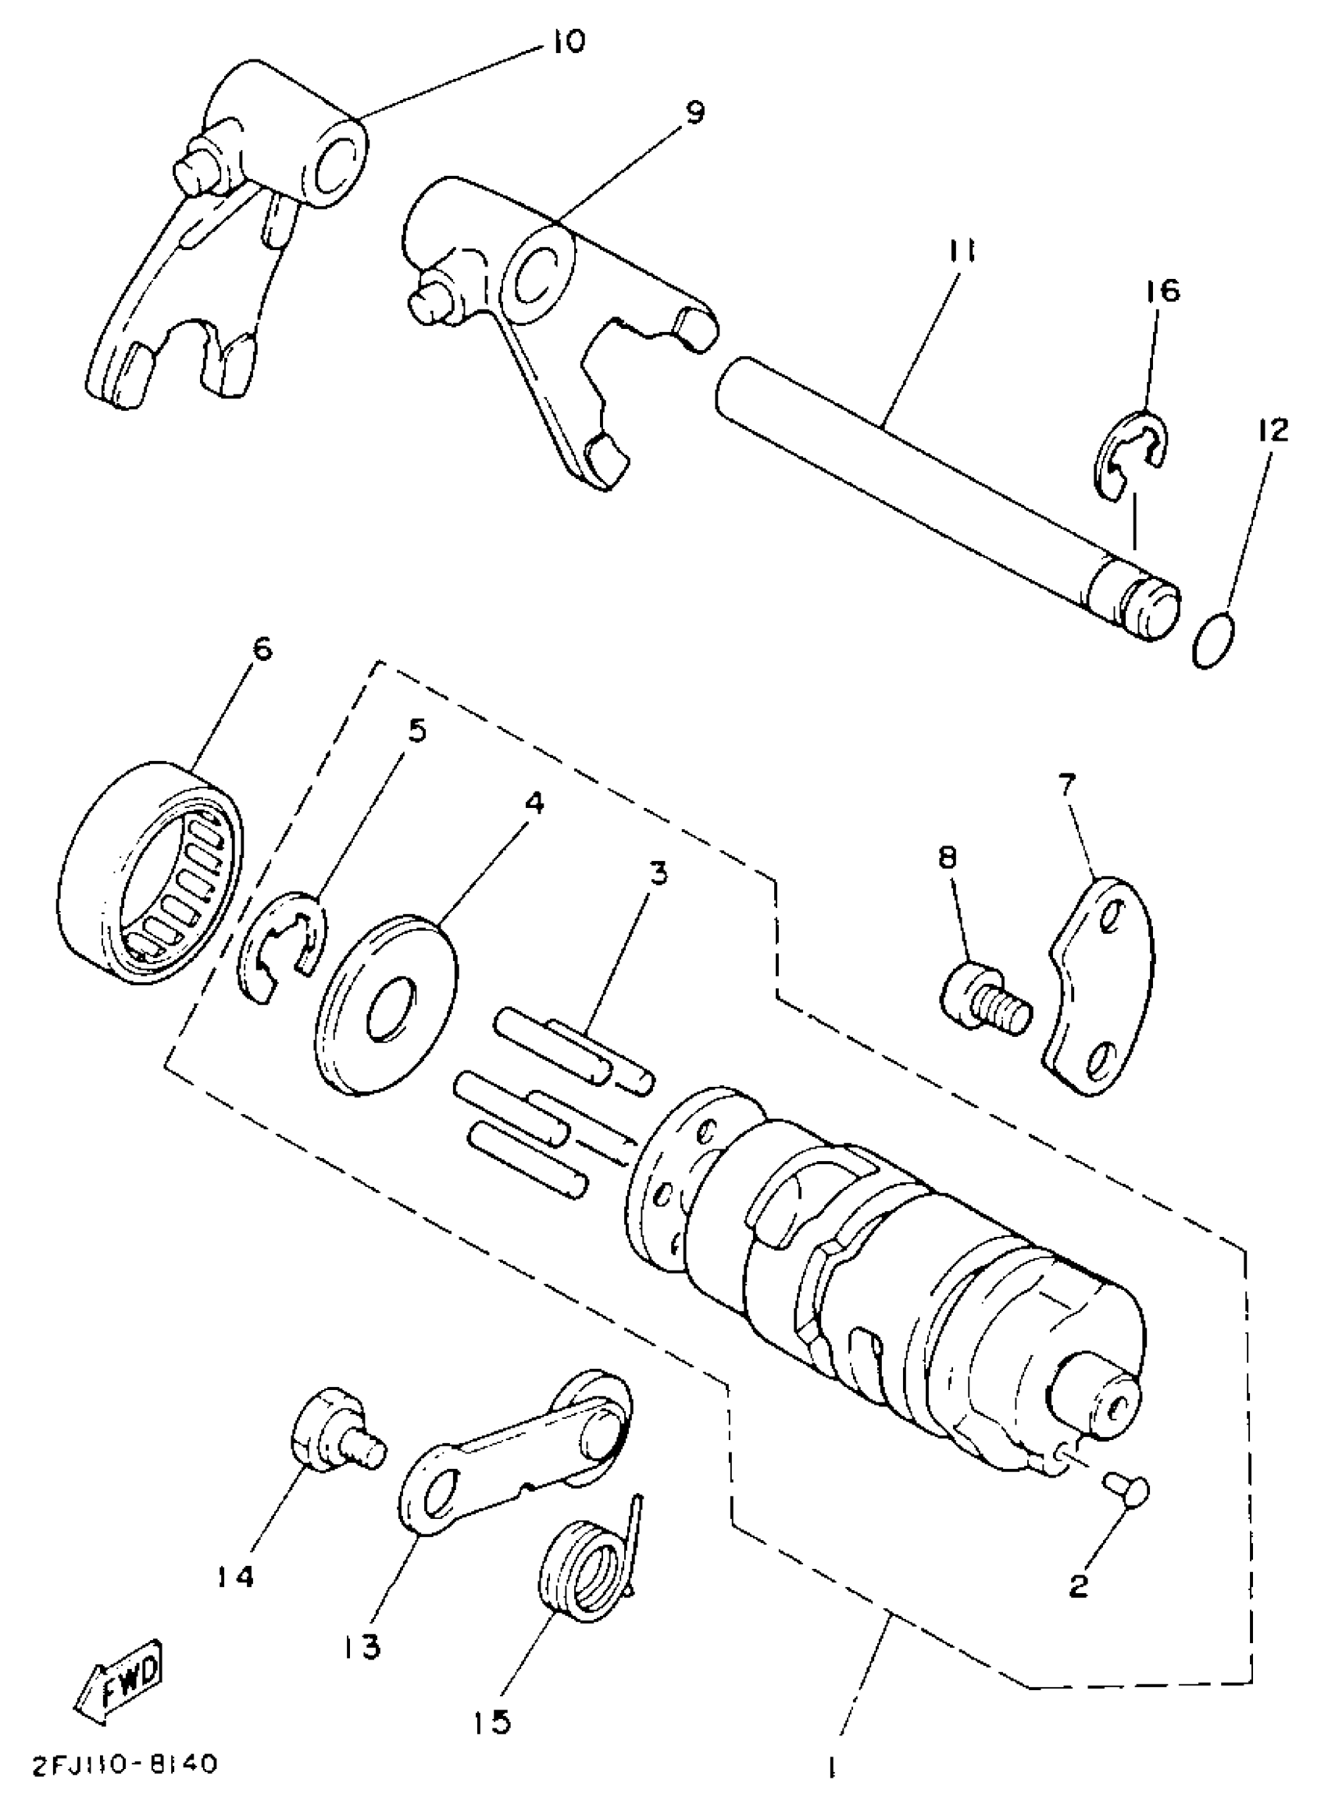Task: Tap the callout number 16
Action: pyautogui.click(x=1162, y=291)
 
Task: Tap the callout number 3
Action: pyautogui.click(x=658, y=874)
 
